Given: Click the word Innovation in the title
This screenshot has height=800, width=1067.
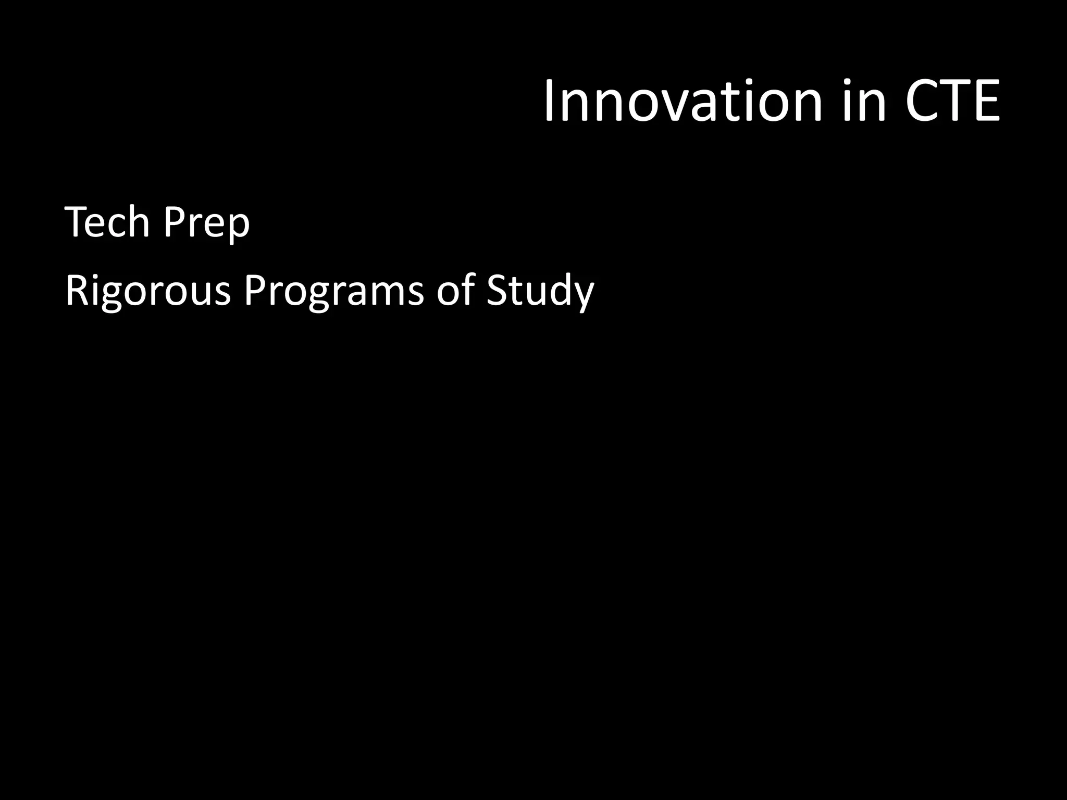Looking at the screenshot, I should [683, 102].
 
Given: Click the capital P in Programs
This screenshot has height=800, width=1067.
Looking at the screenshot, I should [255, 291].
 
